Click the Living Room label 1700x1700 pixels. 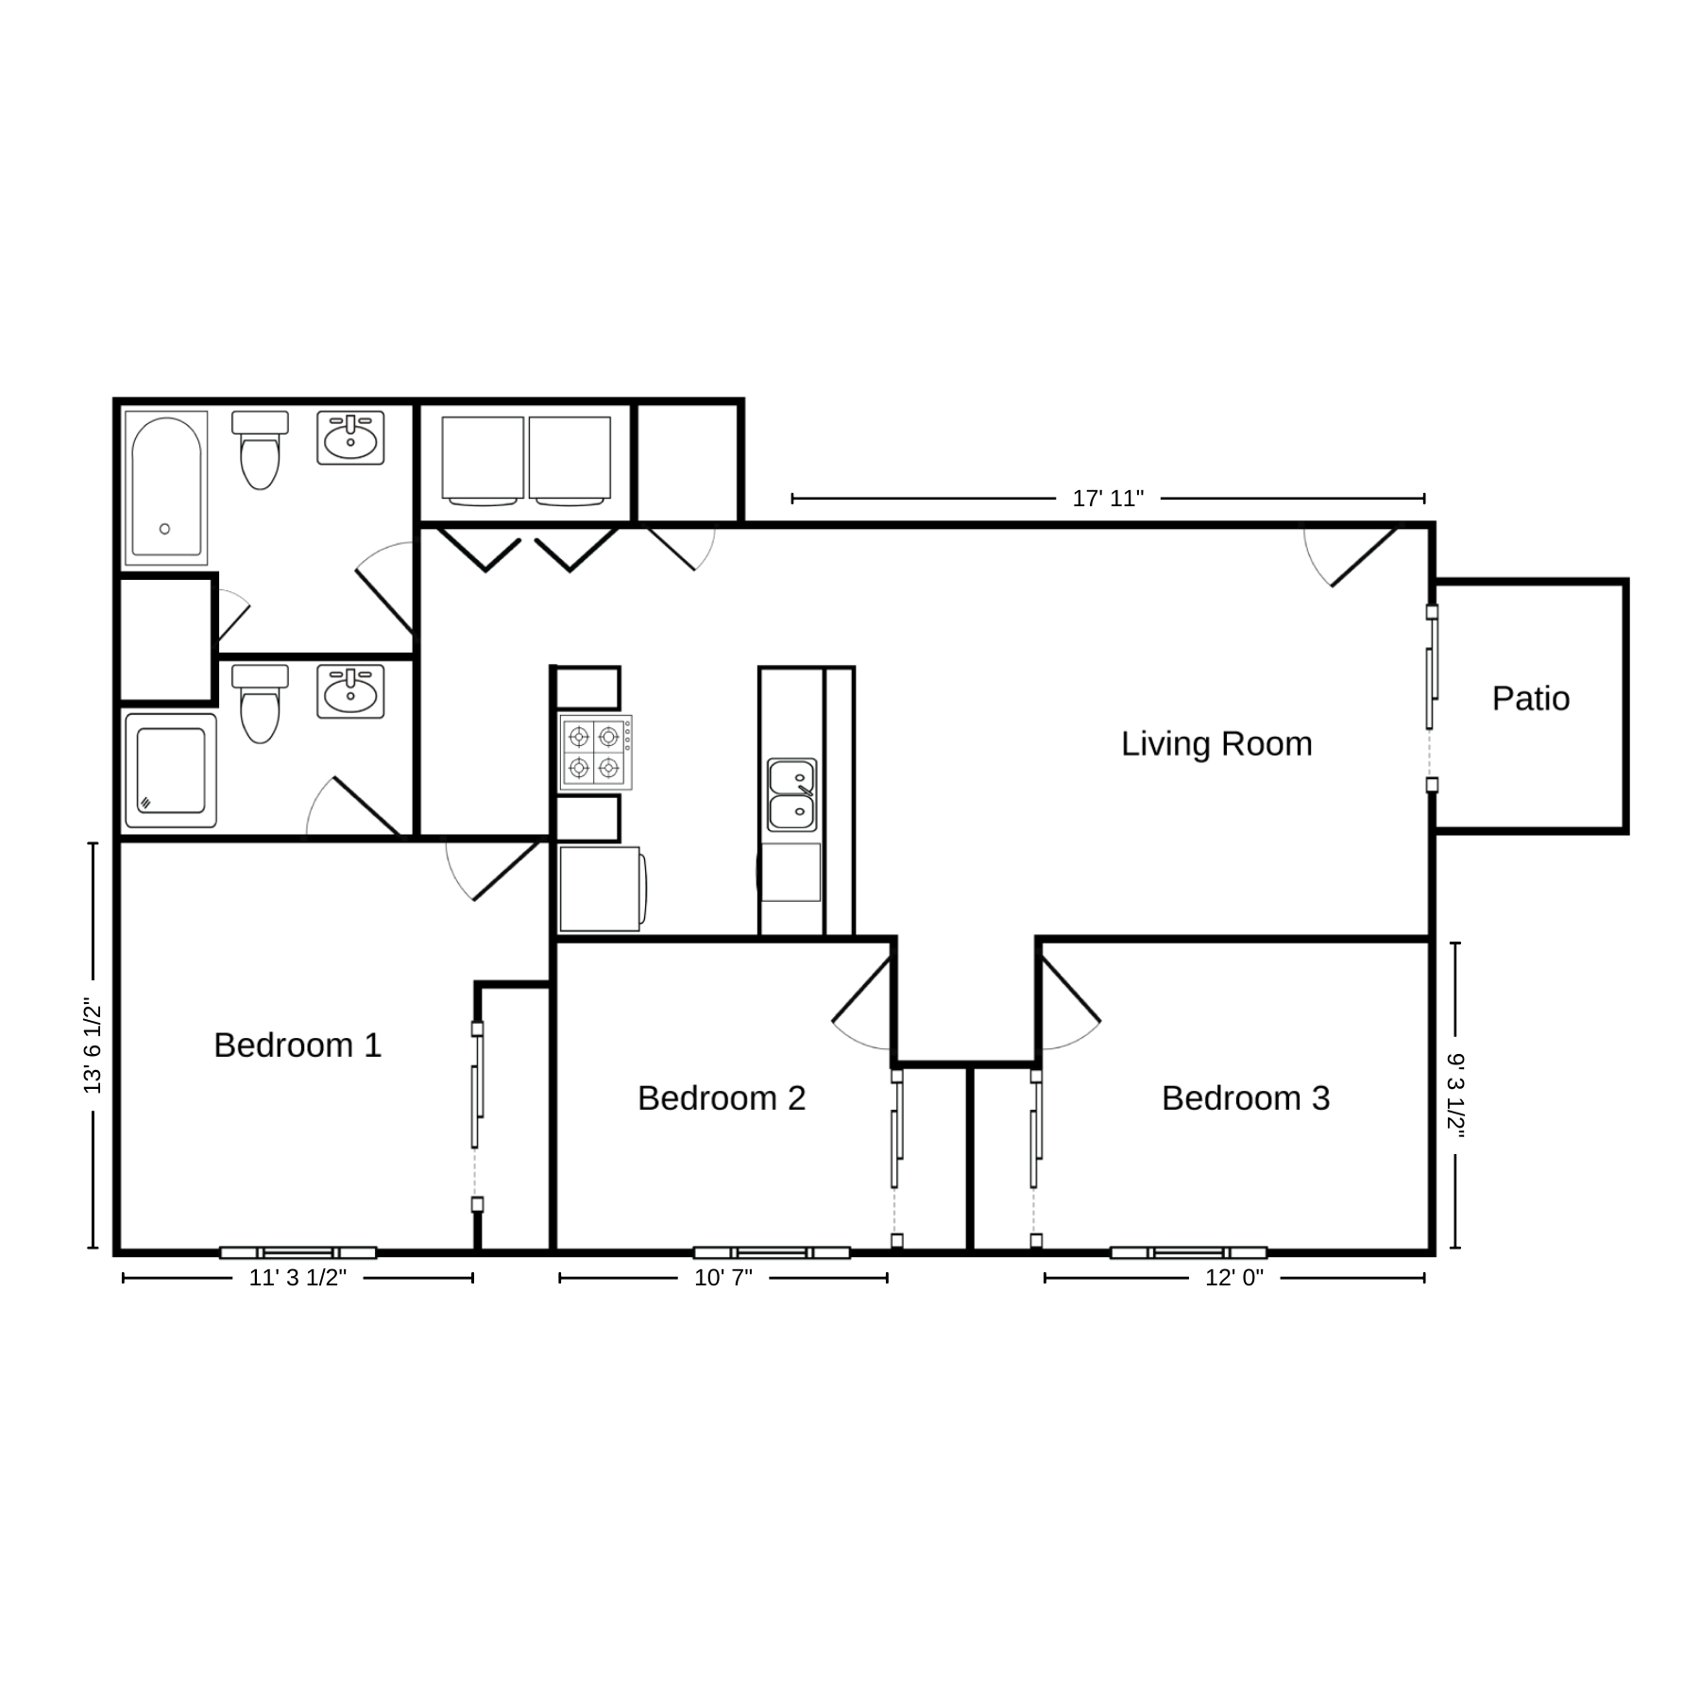click(x=1216, y=744)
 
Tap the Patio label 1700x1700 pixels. click(x=1531, y=699)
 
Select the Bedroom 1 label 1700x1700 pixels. click(x=297, y=1045)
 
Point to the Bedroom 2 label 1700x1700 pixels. click(x=722, y=1098)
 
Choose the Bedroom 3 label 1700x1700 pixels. click(x=1246, y=1098)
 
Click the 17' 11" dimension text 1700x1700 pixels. click(x=1108, y=499)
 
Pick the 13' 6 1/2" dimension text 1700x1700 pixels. click(x=93, y=1045)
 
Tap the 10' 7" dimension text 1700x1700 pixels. click(x=723, y=1278)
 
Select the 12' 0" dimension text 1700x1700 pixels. click(x=1234, y=1278)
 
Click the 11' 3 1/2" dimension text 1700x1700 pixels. click(x=297, y=1278)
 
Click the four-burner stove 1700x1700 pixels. click(x=595, y=752)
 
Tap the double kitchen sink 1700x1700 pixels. click(x=791, y=794)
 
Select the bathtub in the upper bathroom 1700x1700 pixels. click(x=165, y=488)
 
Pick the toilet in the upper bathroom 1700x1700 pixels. click(x=260, y=450)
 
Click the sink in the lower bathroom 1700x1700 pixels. click(x=350, y=691)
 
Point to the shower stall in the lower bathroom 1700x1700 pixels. click(x=171, y=771)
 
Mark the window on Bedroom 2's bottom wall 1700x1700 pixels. click(x=772, y=1253)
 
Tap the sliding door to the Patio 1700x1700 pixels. click(x=1432, y=699)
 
